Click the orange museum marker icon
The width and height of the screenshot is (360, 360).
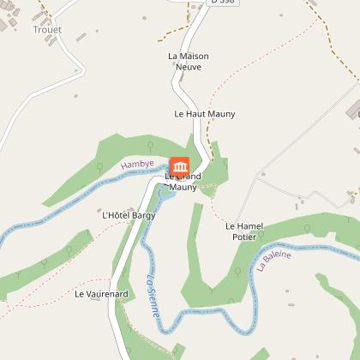[180, 165]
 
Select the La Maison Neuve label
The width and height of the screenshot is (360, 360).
[188, 61]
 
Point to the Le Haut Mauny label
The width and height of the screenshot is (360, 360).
[205, 113]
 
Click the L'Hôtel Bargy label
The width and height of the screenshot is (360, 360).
[129, 215]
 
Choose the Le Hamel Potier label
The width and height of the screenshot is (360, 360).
[244, 231]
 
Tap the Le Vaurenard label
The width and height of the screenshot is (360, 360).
[101, 294]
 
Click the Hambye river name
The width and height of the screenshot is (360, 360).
[136, 164]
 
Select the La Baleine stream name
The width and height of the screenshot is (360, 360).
[273, 261]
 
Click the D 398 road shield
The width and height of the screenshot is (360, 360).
[220, 3]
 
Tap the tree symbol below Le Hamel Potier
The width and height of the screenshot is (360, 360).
[235, 274]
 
